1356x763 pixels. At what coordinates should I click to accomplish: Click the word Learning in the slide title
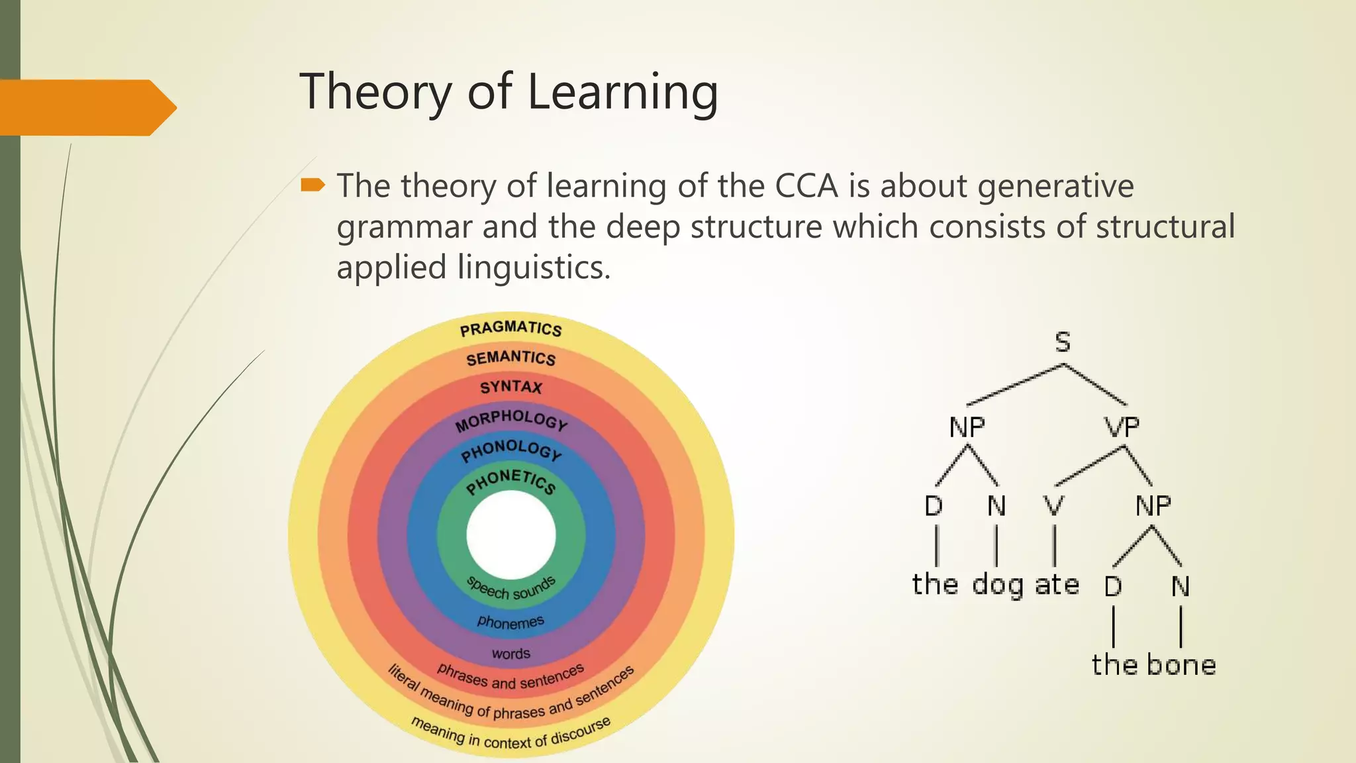pyautogui.click(x=622, y=93)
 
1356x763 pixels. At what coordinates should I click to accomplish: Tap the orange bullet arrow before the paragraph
pyautogui.click(x=313, y=185)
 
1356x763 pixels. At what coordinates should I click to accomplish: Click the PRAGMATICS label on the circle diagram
pyautogui.click(x=510, y=329)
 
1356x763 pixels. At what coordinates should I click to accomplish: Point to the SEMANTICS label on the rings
pyautogui.click(x=510, y=358)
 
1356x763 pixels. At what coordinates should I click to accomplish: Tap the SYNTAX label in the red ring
pyautogui.click(x=510, y=387)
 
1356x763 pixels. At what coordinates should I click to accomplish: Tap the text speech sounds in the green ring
pyautogui.click(x=510, y=589)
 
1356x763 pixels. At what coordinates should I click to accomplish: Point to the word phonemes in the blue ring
pyautogui.click(x=510, y=622)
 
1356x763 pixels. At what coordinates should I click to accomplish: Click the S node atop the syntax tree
pyautogui.click(x=1062, y=342)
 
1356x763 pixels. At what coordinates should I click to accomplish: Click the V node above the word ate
pyautogui.click(x=1053, y=506)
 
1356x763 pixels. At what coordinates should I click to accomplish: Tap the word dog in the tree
pyautogui.click(x=997, y=585)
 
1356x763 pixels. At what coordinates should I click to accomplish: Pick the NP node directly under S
pyautogui.click(x=967, y=427)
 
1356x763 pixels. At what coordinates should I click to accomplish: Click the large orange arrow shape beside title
pyautogui.click(x=86, y=107)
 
